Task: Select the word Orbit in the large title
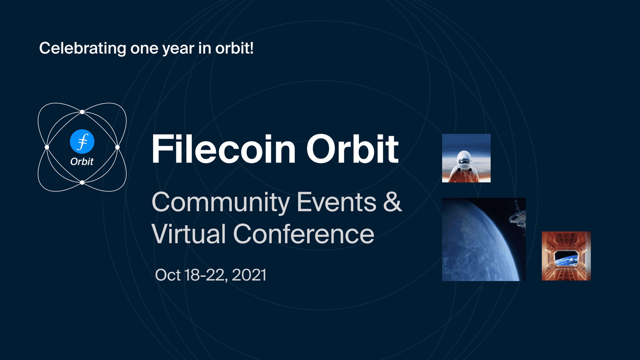pos(352,149)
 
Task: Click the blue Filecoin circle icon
pos(82,141)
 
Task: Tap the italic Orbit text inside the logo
pos(82,161)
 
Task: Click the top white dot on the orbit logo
pos(82,112)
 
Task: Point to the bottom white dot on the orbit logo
pos(82,183)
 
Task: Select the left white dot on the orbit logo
pos(47,147)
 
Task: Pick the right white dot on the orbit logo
pos(117,147)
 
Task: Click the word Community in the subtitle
pos(221,203)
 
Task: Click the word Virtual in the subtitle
pos(189,234)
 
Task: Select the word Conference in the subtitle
pos(304,234)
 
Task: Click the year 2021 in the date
pos(249,275)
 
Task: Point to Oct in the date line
pos(168,275)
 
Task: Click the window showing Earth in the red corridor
pos(566,258)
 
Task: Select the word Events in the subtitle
pos(336,202)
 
